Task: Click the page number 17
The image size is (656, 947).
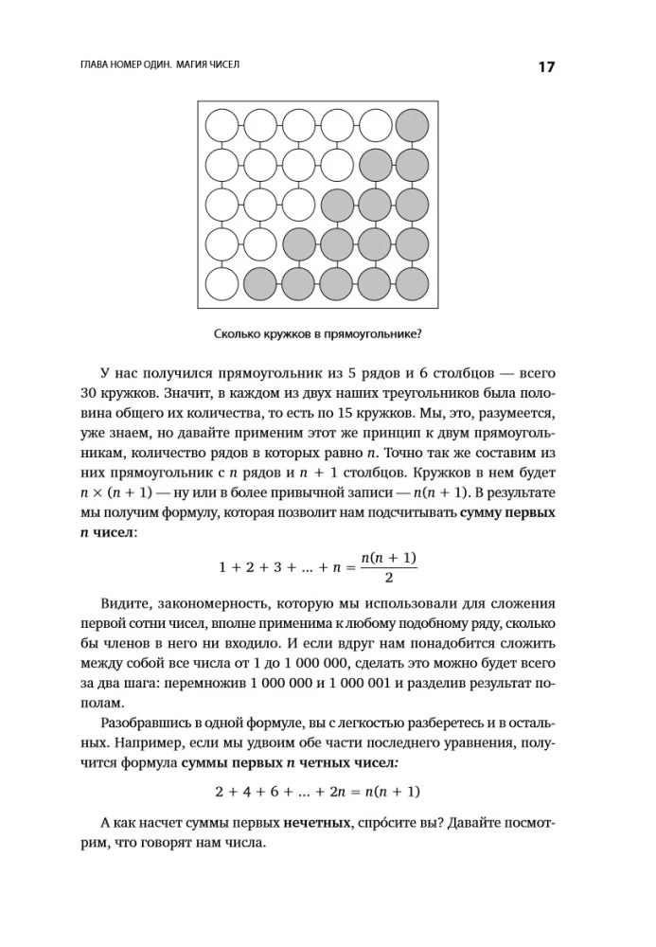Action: (546, 67)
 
